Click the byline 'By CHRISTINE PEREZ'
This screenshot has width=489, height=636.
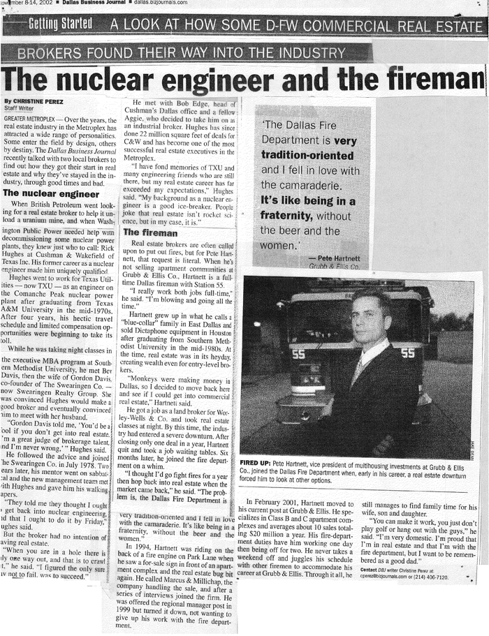tap(33, 101)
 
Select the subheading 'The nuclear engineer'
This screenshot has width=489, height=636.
tap(51, 193)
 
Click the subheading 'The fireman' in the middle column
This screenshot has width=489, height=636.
tap(149, 232)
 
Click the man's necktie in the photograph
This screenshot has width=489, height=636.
tap(358, 371)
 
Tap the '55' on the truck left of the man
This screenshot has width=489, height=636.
tap(299, 354)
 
